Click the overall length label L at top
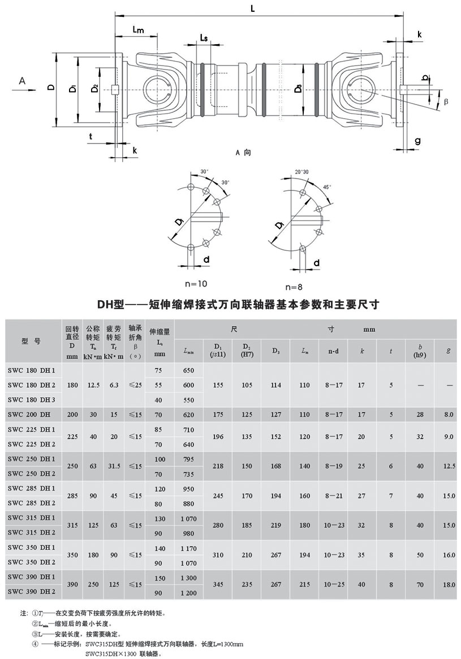[x=253, y=8]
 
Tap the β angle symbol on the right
[x=445, y=101]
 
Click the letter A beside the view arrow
[x=22, y=81]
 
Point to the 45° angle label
[x=327, y=187]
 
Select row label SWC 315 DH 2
[x=32, y=532]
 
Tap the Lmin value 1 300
[x=188, y=577]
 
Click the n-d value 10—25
[x=334, y=584]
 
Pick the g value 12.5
[x=449, y=466]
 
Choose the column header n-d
[x=334, y=351]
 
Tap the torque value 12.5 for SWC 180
[x=94, y=385]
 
